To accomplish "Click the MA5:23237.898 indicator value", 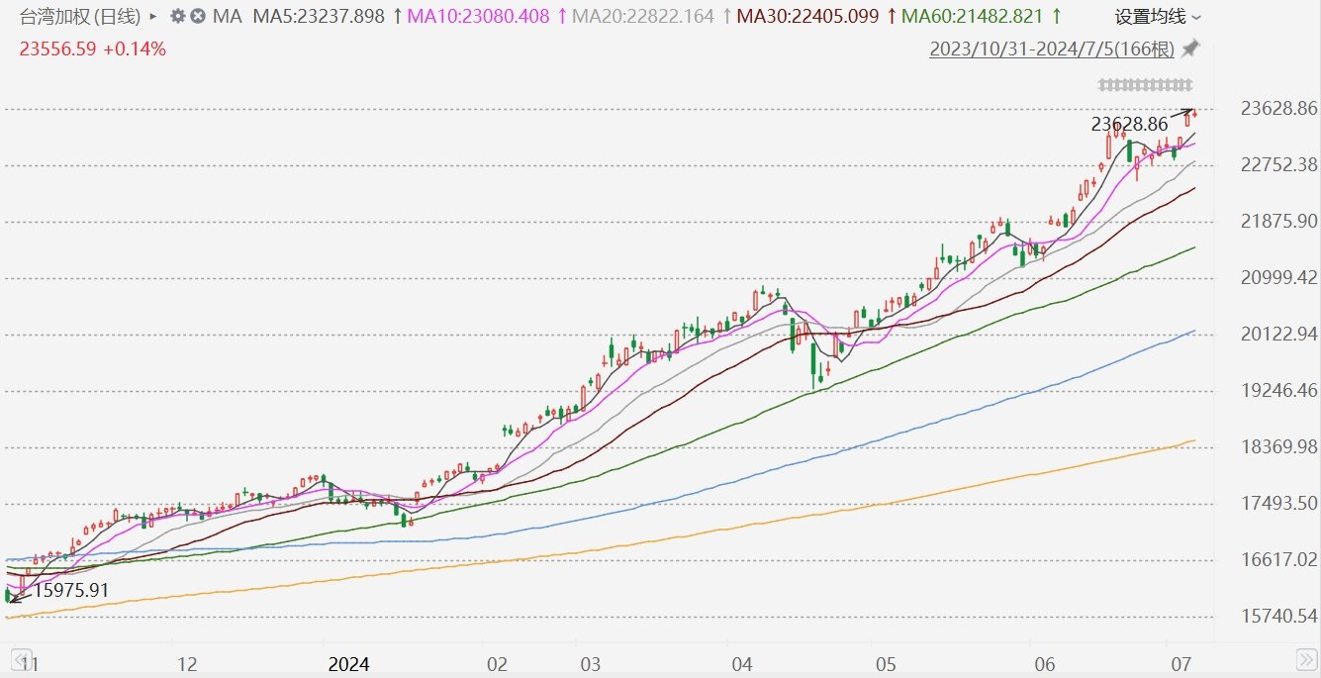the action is click(x=319, y=17).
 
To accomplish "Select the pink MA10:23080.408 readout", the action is click(x=478, y=17).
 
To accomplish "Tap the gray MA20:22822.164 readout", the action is click(x=643, y=17).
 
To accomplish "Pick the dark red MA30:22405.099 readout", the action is click(x=807, y=17).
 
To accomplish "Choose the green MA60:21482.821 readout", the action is click(x=973, y=17).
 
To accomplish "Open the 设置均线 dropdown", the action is click(x=1157, y=17).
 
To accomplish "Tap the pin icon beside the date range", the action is click(x=1190, y=48).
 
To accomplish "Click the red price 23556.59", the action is click(x=57, y=48).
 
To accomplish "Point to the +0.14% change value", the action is click(x=135, y=48).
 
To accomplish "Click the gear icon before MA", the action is click(x=177, y=16).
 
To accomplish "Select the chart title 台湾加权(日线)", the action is click(x=80, y=17).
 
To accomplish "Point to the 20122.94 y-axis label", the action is click(x=1278, y=334).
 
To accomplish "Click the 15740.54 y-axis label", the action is click(x=1278, y=616).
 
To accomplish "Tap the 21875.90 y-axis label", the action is click(x=1278, y=222).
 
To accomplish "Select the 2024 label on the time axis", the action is click(x=348, y=664).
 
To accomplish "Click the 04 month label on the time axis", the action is click(x=742, y=664).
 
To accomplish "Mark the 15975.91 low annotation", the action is click(x=71, y=590).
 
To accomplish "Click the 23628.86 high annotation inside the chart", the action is click(x=1129, y=124).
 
